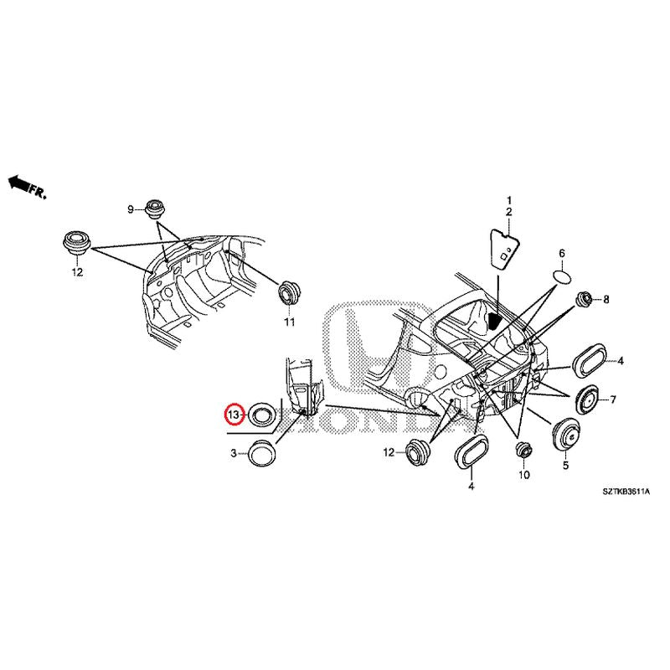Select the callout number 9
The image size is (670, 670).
131,209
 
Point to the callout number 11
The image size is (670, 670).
289,322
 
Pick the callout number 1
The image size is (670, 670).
507,200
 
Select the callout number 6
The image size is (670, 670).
562,253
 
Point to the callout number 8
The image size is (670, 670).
606,299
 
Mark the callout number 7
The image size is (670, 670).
613,399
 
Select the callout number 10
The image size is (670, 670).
524,475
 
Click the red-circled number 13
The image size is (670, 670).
234,414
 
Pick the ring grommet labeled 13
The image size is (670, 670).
262,414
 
